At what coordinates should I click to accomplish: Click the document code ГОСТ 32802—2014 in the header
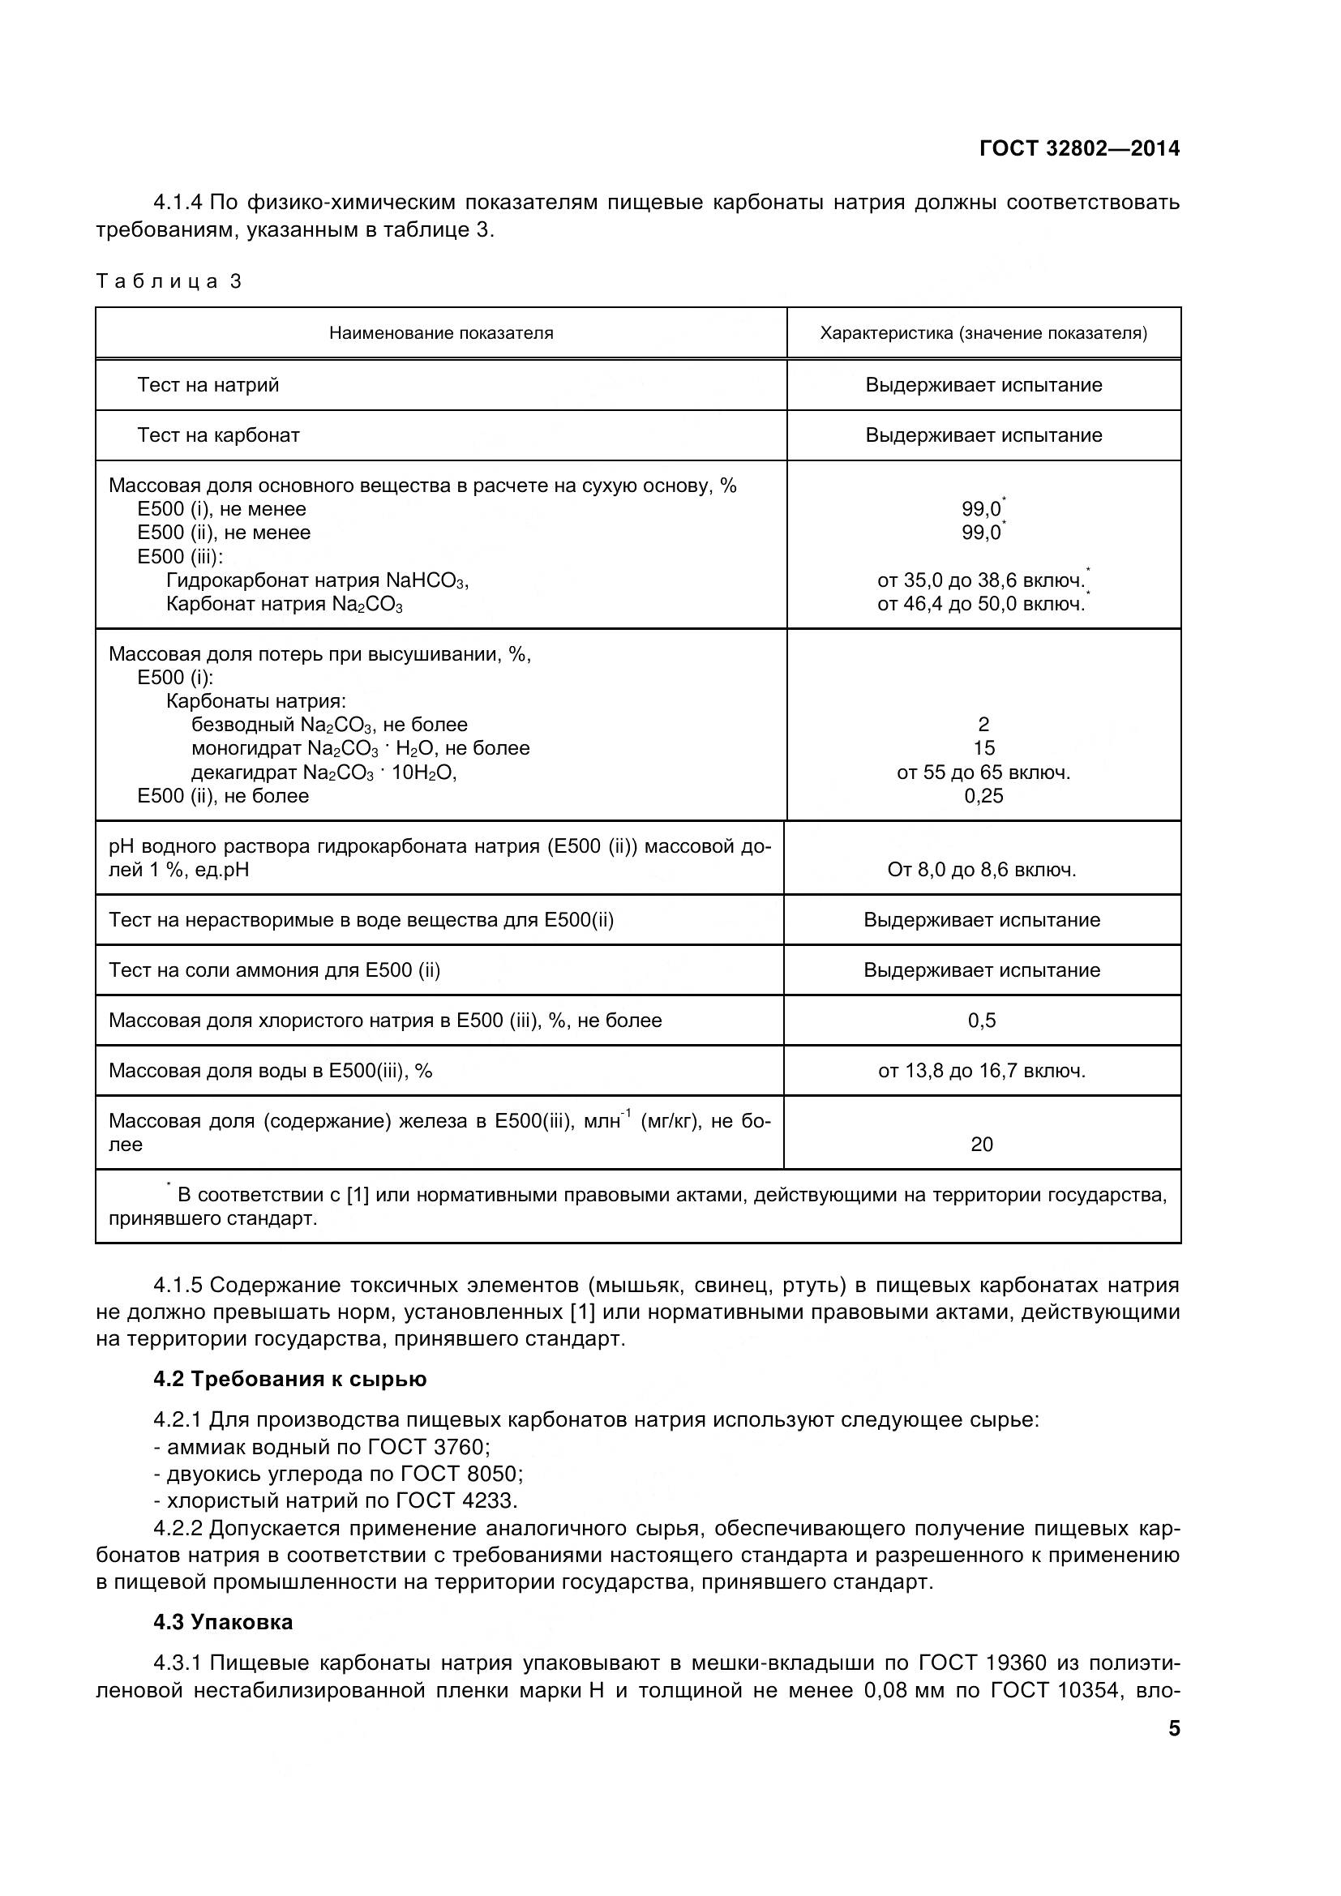tap(1079, 148)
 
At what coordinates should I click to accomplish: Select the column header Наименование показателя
tap(441, 334)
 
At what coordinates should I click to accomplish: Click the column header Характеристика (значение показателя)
tap(983, 334)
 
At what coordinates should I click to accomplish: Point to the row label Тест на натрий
tap(208, 385)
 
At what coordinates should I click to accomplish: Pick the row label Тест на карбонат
tap(218, 435)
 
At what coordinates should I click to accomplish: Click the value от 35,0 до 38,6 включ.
tap(981, 580)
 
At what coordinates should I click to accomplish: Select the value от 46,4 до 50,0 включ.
tap(981, 605)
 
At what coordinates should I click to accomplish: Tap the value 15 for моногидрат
tap(983, 748)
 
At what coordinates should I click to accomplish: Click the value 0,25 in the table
tap(983, 796)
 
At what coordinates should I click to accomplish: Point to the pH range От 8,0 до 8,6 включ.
tap(982, 870)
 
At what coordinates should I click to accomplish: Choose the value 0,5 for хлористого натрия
tap(982, 1021)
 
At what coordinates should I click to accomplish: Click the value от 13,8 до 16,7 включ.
tap(982, 1071)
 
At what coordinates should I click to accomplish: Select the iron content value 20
tap(982, 1145)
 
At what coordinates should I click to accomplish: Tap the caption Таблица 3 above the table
tap(169, 281)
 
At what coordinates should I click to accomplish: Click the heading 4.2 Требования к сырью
tap(289, 1379)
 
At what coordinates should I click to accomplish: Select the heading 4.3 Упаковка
tap(223, 1622)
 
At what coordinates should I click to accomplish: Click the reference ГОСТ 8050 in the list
tap(460, 1473)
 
